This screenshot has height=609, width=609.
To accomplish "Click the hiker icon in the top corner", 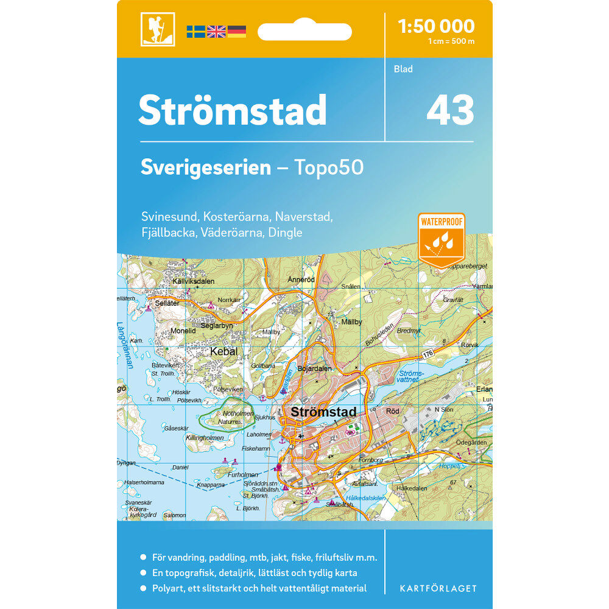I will pos(158,29).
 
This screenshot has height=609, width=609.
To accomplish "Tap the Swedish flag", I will pos(195,32).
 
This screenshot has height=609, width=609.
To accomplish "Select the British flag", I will pos(216,32).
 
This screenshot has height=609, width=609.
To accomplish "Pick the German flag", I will pos(236,32).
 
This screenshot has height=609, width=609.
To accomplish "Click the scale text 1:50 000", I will pos(435,26).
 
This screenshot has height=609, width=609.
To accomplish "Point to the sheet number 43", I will pos(450,111).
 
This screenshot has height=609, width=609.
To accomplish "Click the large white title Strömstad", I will pos(233,110).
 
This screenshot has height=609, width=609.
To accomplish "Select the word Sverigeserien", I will pos(205,167).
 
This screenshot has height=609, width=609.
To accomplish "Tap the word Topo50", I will pos(329,167).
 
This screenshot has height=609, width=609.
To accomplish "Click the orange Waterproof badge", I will pos(441,239).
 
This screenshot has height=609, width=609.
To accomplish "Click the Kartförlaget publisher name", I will pos(438,588).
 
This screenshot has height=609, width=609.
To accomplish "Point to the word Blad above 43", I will pos(403,69).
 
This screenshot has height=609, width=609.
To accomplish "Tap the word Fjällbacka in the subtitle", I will pos(166,233).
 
